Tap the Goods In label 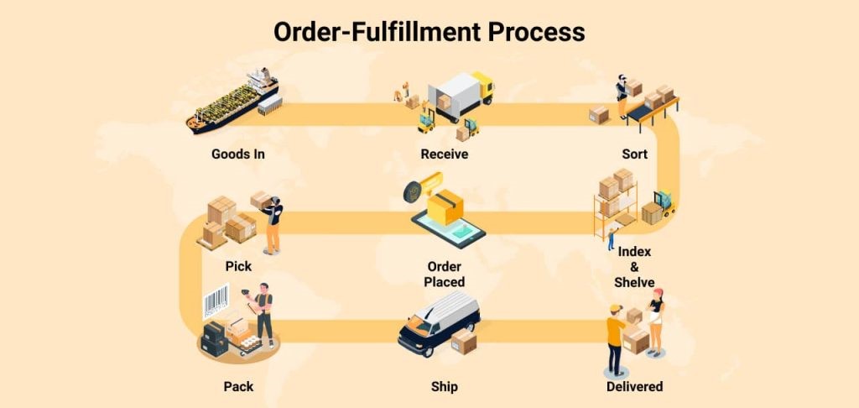(237, 154)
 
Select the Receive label (445, 154)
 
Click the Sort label (634, 154)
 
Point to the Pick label (238, 266)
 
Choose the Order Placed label (445, 275)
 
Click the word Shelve (634, 282)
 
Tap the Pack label (238, 387)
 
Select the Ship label (445, 387)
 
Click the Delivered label (634, 387)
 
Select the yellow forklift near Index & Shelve (664, 205)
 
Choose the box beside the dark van (464, 341)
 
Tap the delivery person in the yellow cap (616, 340)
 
